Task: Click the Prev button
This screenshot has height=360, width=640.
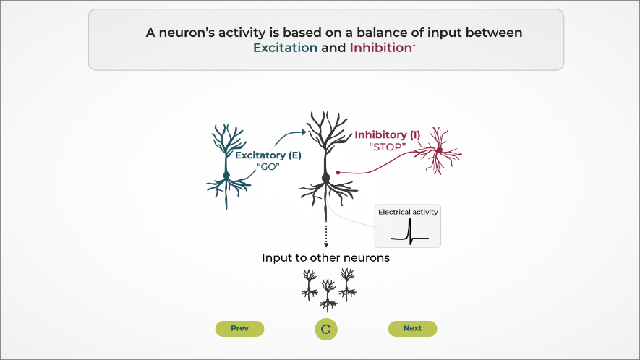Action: tap(239, 329)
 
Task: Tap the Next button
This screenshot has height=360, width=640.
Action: tap(412, 329)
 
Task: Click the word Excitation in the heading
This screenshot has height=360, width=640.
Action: tap(285, 48)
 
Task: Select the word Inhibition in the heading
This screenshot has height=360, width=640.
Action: tap(380, 48)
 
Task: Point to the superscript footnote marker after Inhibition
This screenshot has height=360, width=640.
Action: tap(414, 45)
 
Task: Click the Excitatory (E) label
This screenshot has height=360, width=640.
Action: tap(268, 155)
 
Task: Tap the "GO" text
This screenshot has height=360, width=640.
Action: tap(268, 167)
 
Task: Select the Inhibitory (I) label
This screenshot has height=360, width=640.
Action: tap(387, 135)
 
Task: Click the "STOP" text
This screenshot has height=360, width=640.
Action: tap(388, 147)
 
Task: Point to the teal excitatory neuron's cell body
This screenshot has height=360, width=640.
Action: tap(226, 176)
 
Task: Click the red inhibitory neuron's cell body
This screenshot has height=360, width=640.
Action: tap(438, 150)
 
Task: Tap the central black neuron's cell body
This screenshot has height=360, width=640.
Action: tap(326, 177)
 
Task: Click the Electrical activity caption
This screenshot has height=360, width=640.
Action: tap(408, 213)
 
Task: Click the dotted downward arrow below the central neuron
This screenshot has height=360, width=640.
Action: tap(326, 235)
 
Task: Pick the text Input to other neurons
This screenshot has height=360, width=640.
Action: tap(325, 258)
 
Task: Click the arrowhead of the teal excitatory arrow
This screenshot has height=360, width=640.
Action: tap(302, 132)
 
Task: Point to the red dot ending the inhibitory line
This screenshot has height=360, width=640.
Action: tap(338, 173)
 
